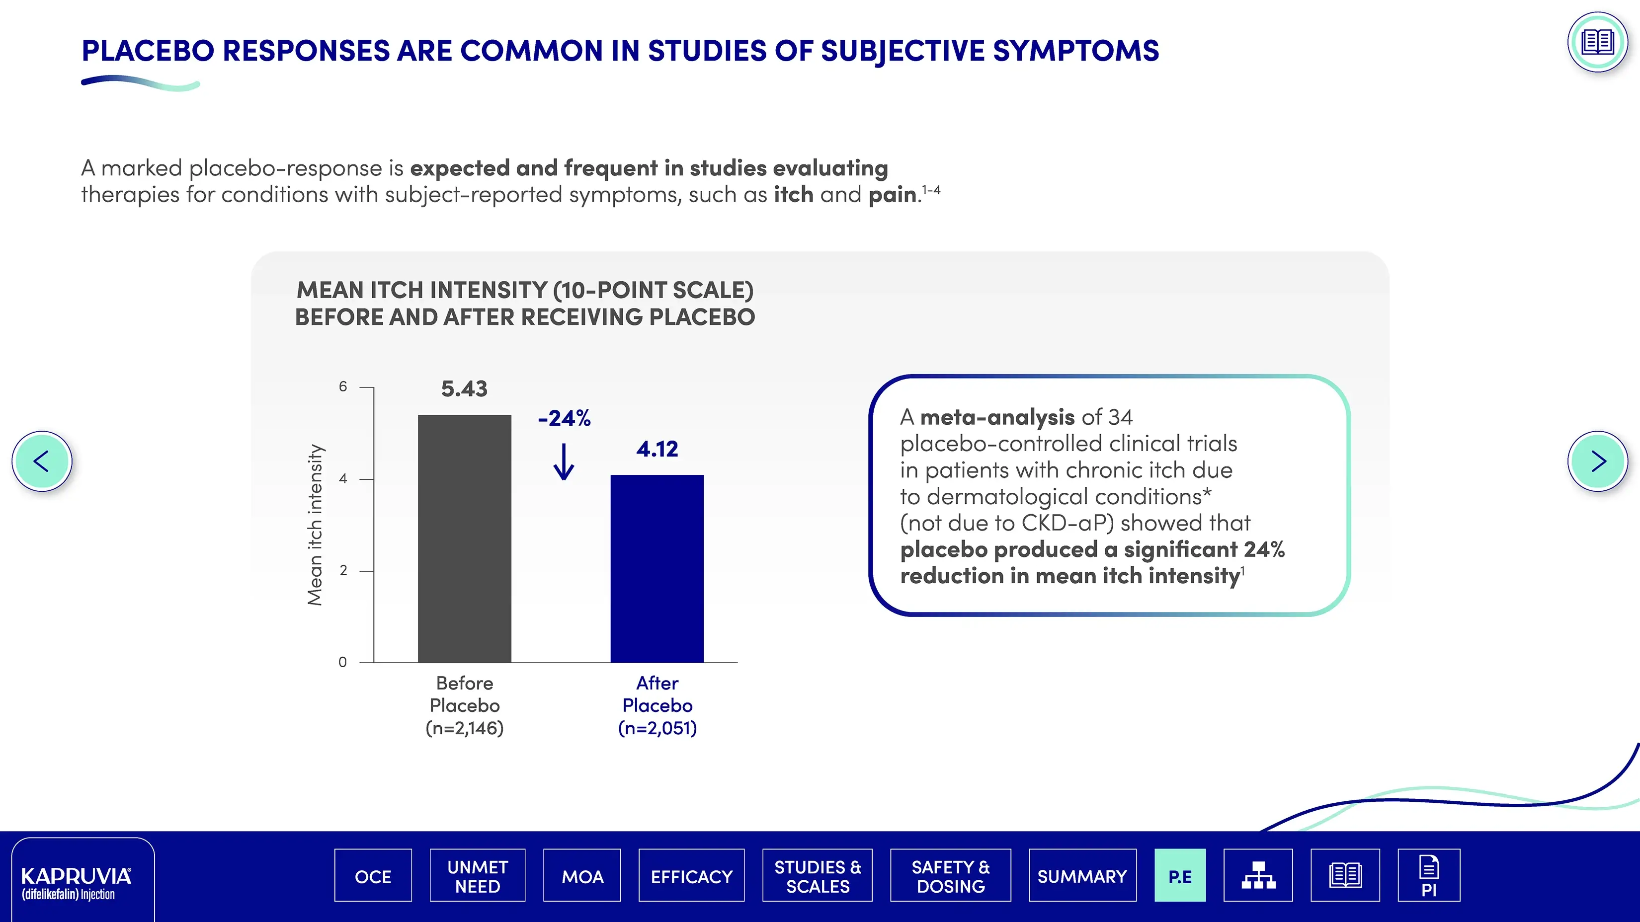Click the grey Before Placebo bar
464,538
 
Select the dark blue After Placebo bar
657,568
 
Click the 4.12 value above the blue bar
657,449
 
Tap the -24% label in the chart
564,418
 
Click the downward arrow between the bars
564,461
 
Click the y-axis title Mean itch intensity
315,524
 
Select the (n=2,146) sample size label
465,728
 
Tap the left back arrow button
42,461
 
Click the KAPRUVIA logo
77,883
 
